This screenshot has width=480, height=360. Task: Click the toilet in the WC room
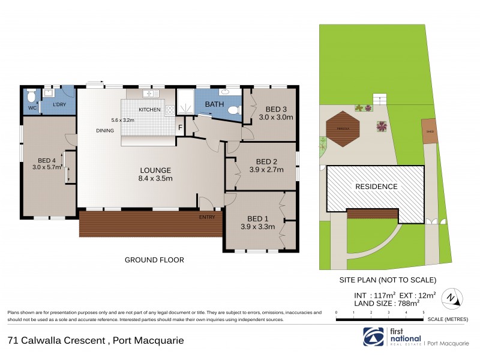pos(32,97)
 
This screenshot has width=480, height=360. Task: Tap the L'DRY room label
pos(59,105)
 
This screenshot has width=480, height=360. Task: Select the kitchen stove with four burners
pos(169,109)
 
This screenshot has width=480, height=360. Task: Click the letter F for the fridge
pos(179,128)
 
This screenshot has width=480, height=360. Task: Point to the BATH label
pos(215,104)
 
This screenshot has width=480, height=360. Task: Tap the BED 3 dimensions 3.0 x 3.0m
pos(275,117)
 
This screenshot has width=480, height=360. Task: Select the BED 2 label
pos(266,161)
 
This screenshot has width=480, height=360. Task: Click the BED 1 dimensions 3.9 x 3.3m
pos(258,227)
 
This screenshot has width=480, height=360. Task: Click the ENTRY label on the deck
pos(207,217)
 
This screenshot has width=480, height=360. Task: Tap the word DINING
pos(104,130)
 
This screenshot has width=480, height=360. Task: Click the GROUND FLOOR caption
pos(154,260)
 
